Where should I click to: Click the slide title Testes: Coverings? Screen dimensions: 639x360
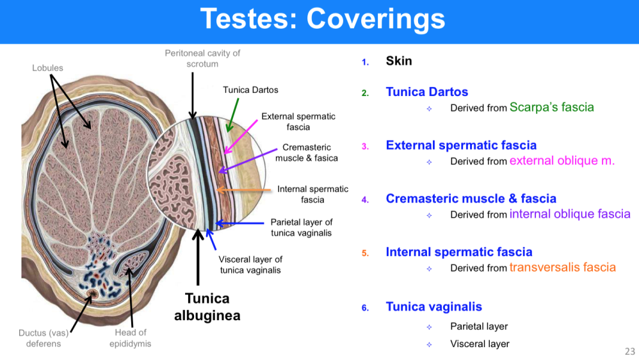322,19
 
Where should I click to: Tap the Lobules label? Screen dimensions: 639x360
47,68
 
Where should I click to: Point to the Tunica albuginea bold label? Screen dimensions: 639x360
207,307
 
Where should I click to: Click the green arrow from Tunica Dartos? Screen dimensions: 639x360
232,115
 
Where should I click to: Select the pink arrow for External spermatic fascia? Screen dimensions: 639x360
241,137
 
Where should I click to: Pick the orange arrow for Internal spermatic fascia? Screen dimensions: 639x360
244,190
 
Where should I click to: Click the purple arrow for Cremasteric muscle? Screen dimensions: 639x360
248,160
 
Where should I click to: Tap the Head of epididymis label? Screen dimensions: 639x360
131,338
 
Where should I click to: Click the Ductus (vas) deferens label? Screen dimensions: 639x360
44,338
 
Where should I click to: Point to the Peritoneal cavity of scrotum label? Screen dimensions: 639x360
202,58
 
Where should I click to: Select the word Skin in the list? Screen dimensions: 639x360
399,61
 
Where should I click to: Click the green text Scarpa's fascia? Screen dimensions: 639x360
552,107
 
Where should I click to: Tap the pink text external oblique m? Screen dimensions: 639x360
562,161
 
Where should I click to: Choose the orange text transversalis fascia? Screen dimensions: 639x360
563,268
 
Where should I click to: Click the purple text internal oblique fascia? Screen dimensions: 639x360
570,214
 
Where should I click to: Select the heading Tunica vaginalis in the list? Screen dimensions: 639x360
434,307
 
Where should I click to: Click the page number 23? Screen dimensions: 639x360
629,352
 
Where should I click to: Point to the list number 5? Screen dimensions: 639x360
365,253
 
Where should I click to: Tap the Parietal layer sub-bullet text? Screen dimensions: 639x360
479,326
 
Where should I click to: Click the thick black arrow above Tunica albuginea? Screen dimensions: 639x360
198,258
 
